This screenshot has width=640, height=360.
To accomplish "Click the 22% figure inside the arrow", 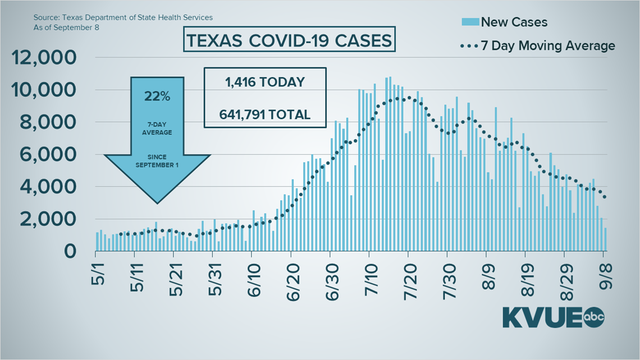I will (x=158, y=97).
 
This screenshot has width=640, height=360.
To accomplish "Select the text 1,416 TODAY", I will (x=264, y=83).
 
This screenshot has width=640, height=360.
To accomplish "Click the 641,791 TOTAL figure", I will (x=264, y=115).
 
